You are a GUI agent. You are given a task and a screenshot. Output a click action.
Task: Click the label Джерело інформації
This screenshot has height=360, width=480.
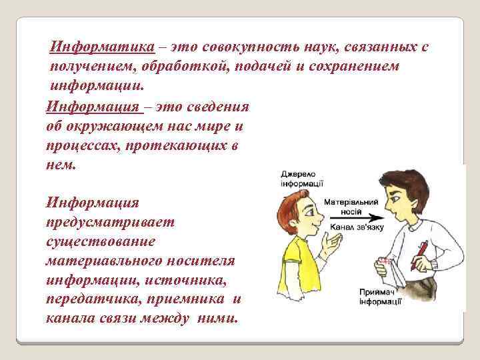coord(302,179)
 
